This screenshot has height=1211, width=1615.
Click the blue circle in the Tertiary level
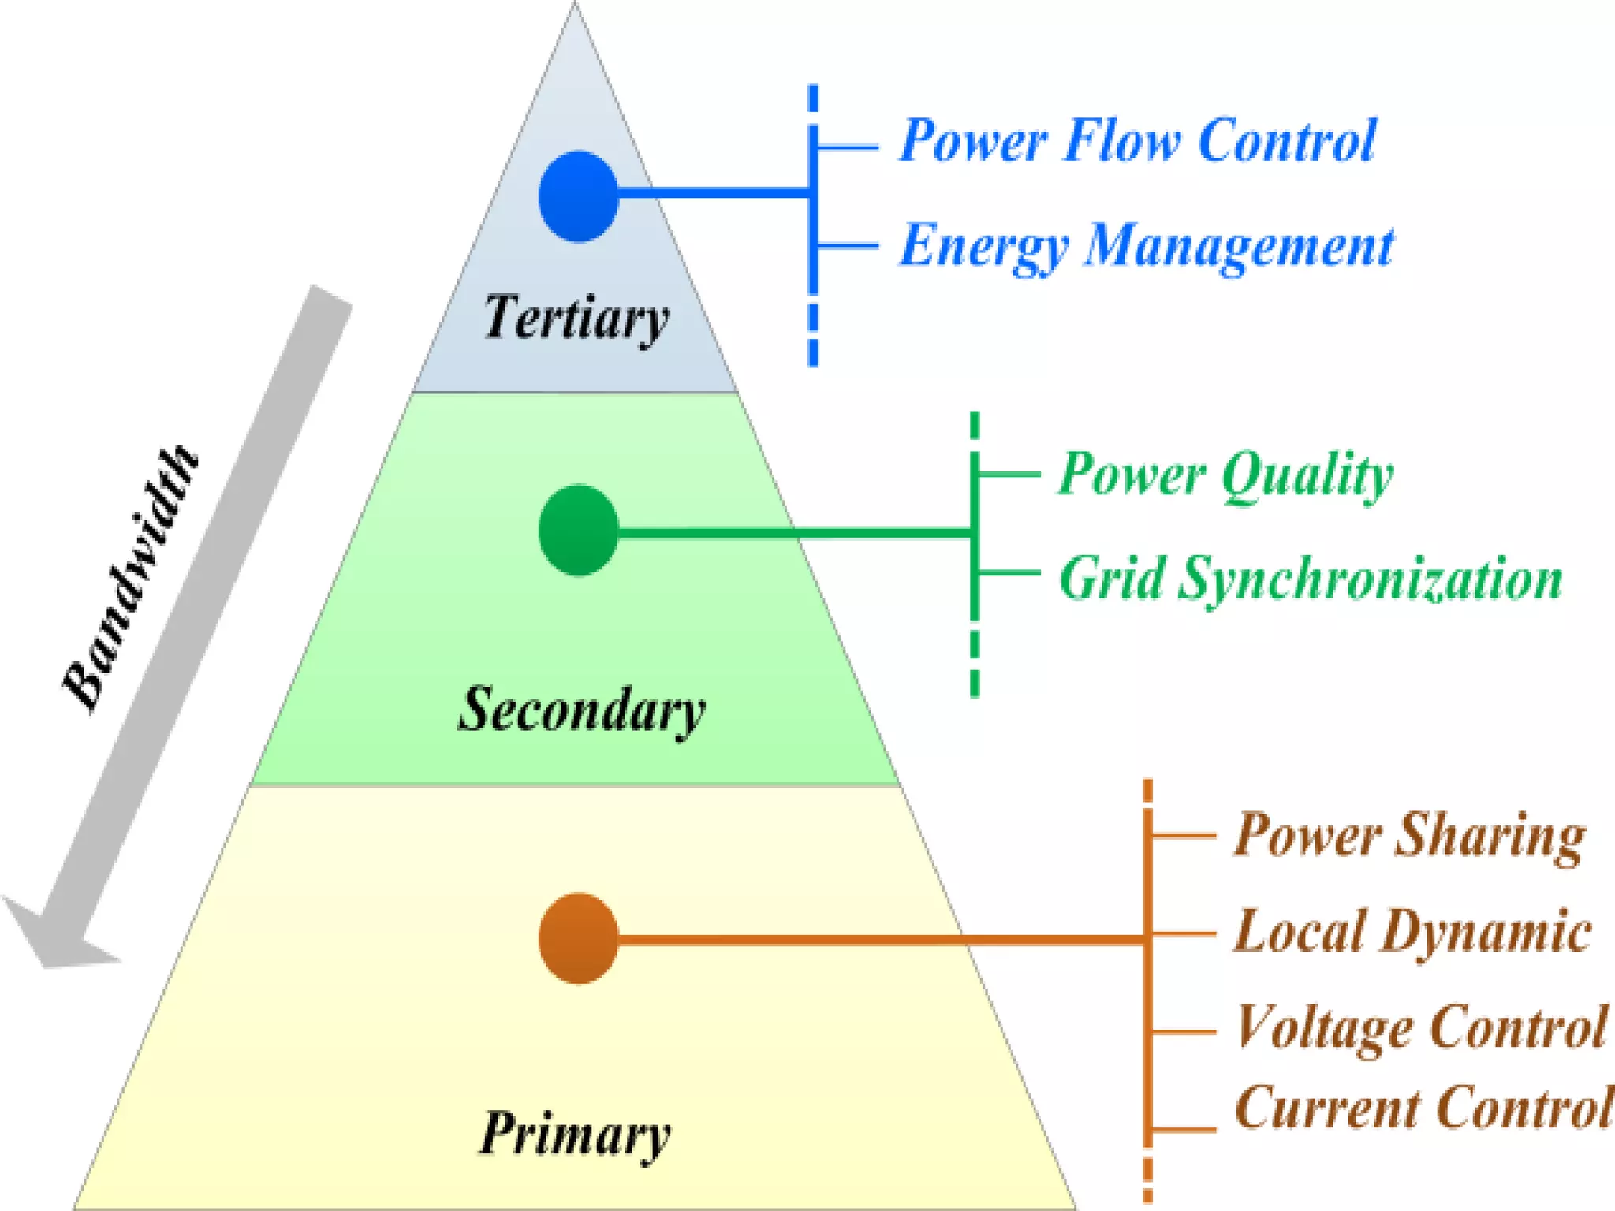pyautogui.click(x=578, y=196)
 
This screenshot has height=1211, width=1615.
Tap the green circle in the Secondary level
pyautogui.click(x=578, y=530)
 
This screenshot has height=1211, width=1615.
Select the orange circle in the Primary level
pyautogui.click(x=578, y=938)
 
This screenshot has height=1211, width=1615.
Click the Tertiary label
pyautogui.click(x=576, y=318)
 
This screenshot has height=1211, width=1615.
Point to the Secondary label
pyautogui.click(x=581, y=710)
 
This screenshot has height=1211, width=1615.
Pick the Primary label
pyautogui.click(x=575, y=1134)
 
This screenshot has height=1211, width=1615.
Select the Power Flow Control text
pyautogui.click(x=1137, y=140)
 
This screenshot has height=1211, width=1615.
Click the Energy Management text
pyautogui.click(x=1146, y=245)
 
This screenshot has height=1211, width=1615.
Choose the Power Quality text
pyautogui.click(x=1225, y=475)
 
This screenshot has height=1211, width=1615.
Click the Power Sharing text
pyautogui.click(x=1409, y=836)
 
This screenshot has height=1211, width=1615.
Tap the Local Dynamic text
pyautogui.click(x=1412, y=932)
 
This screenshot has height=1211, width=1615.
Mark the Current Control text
pyautogui.click(x=1423, y=1108)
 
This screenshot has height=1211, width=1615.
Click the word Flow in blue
pyautogui.click(x=1121, y=140)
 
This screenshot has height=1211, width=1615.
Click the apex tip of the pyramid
pyautogui.click(x=575, y=5)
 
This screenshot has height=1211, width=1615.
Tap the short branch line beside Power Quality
pyautogui.click(x=1009, y=474)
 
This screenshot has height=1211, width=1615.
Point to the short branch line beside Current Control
pyautogui.click(x=1182, y=1129)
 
